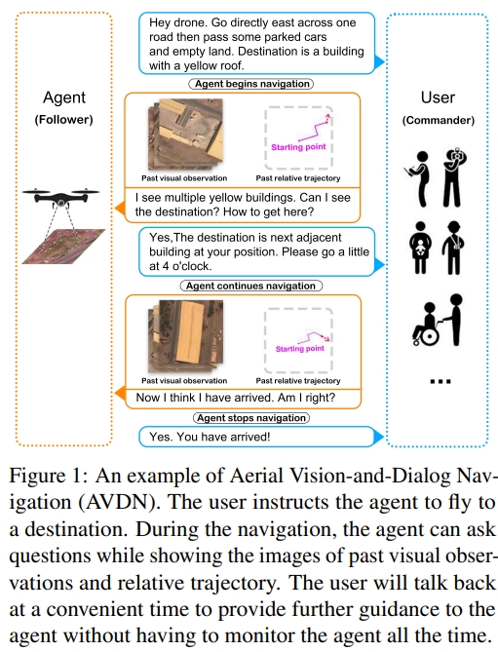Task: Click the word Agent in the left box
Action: pos(63,97)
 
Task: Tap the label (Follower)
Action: pos(63,120)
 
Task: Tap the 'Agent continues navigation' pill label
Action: pos(250,286)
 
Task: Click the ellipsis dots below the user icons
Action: pos(436,380)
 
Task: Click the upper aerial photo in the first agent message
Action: pos(178,135)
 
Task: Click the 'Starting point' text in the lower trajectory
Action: pos(298,348)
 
